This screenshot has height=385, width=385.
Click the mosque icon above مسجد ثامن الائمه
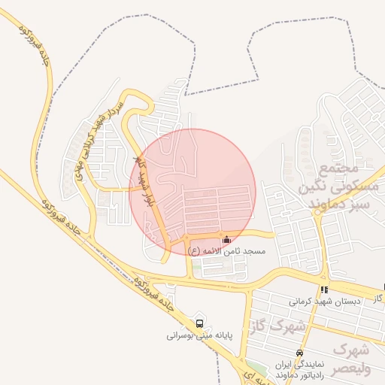click(x=228, y=240)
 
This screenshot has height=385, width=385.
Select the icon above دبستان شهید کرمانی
click(x=323, y=290)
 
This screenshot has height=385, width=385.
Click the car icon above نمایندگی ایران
click(x=299, y=353)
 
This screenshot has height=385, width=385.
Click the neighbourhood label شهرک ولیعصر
click(x=350, y=359)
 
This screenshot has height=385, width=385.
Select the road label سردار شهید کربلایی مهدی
click(x=99, y=141)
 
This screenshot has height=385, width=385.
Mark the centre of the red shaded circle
click(x=193, y=192)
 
